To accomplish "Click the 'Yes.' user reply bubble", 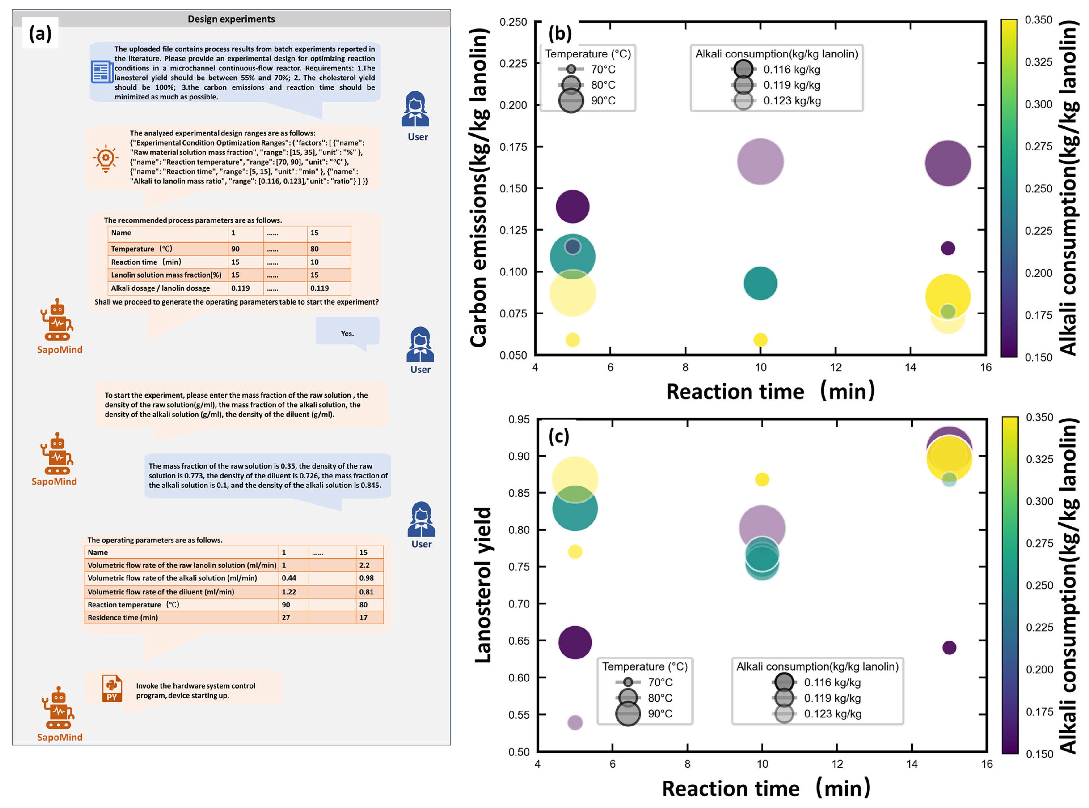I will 347,333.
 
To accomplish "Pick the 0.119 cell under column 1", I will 241,288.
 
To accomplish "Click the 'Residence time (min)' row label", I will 123,617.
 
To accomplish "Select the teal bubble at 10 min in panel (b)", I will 760,283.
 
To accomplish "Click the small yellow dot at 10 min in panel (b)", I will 760,339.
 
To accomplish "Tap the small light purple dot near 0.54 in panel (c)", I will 575,722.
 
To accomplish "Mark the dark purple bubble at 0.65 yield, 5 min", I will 575,642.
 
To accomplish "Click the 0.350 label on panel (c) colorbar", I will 1039,417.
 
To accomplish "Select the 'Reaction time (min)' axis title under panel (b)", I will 770,392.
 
